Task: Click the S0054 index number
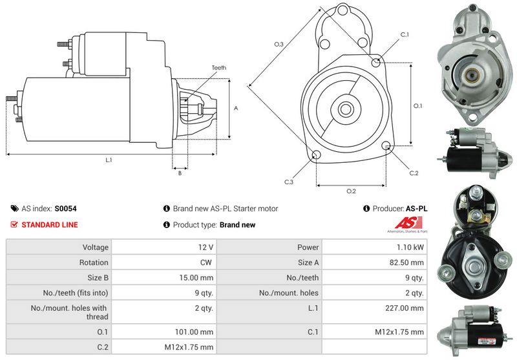coord(65,209)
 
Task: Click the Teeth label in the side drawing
coord(218,68)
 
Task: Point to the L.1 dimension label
coord(109,160)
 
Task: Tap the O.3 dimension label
coord(279,44)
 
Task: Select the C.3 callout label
coord(288,182)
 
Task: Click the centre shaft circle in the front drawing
coord(345,107)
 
